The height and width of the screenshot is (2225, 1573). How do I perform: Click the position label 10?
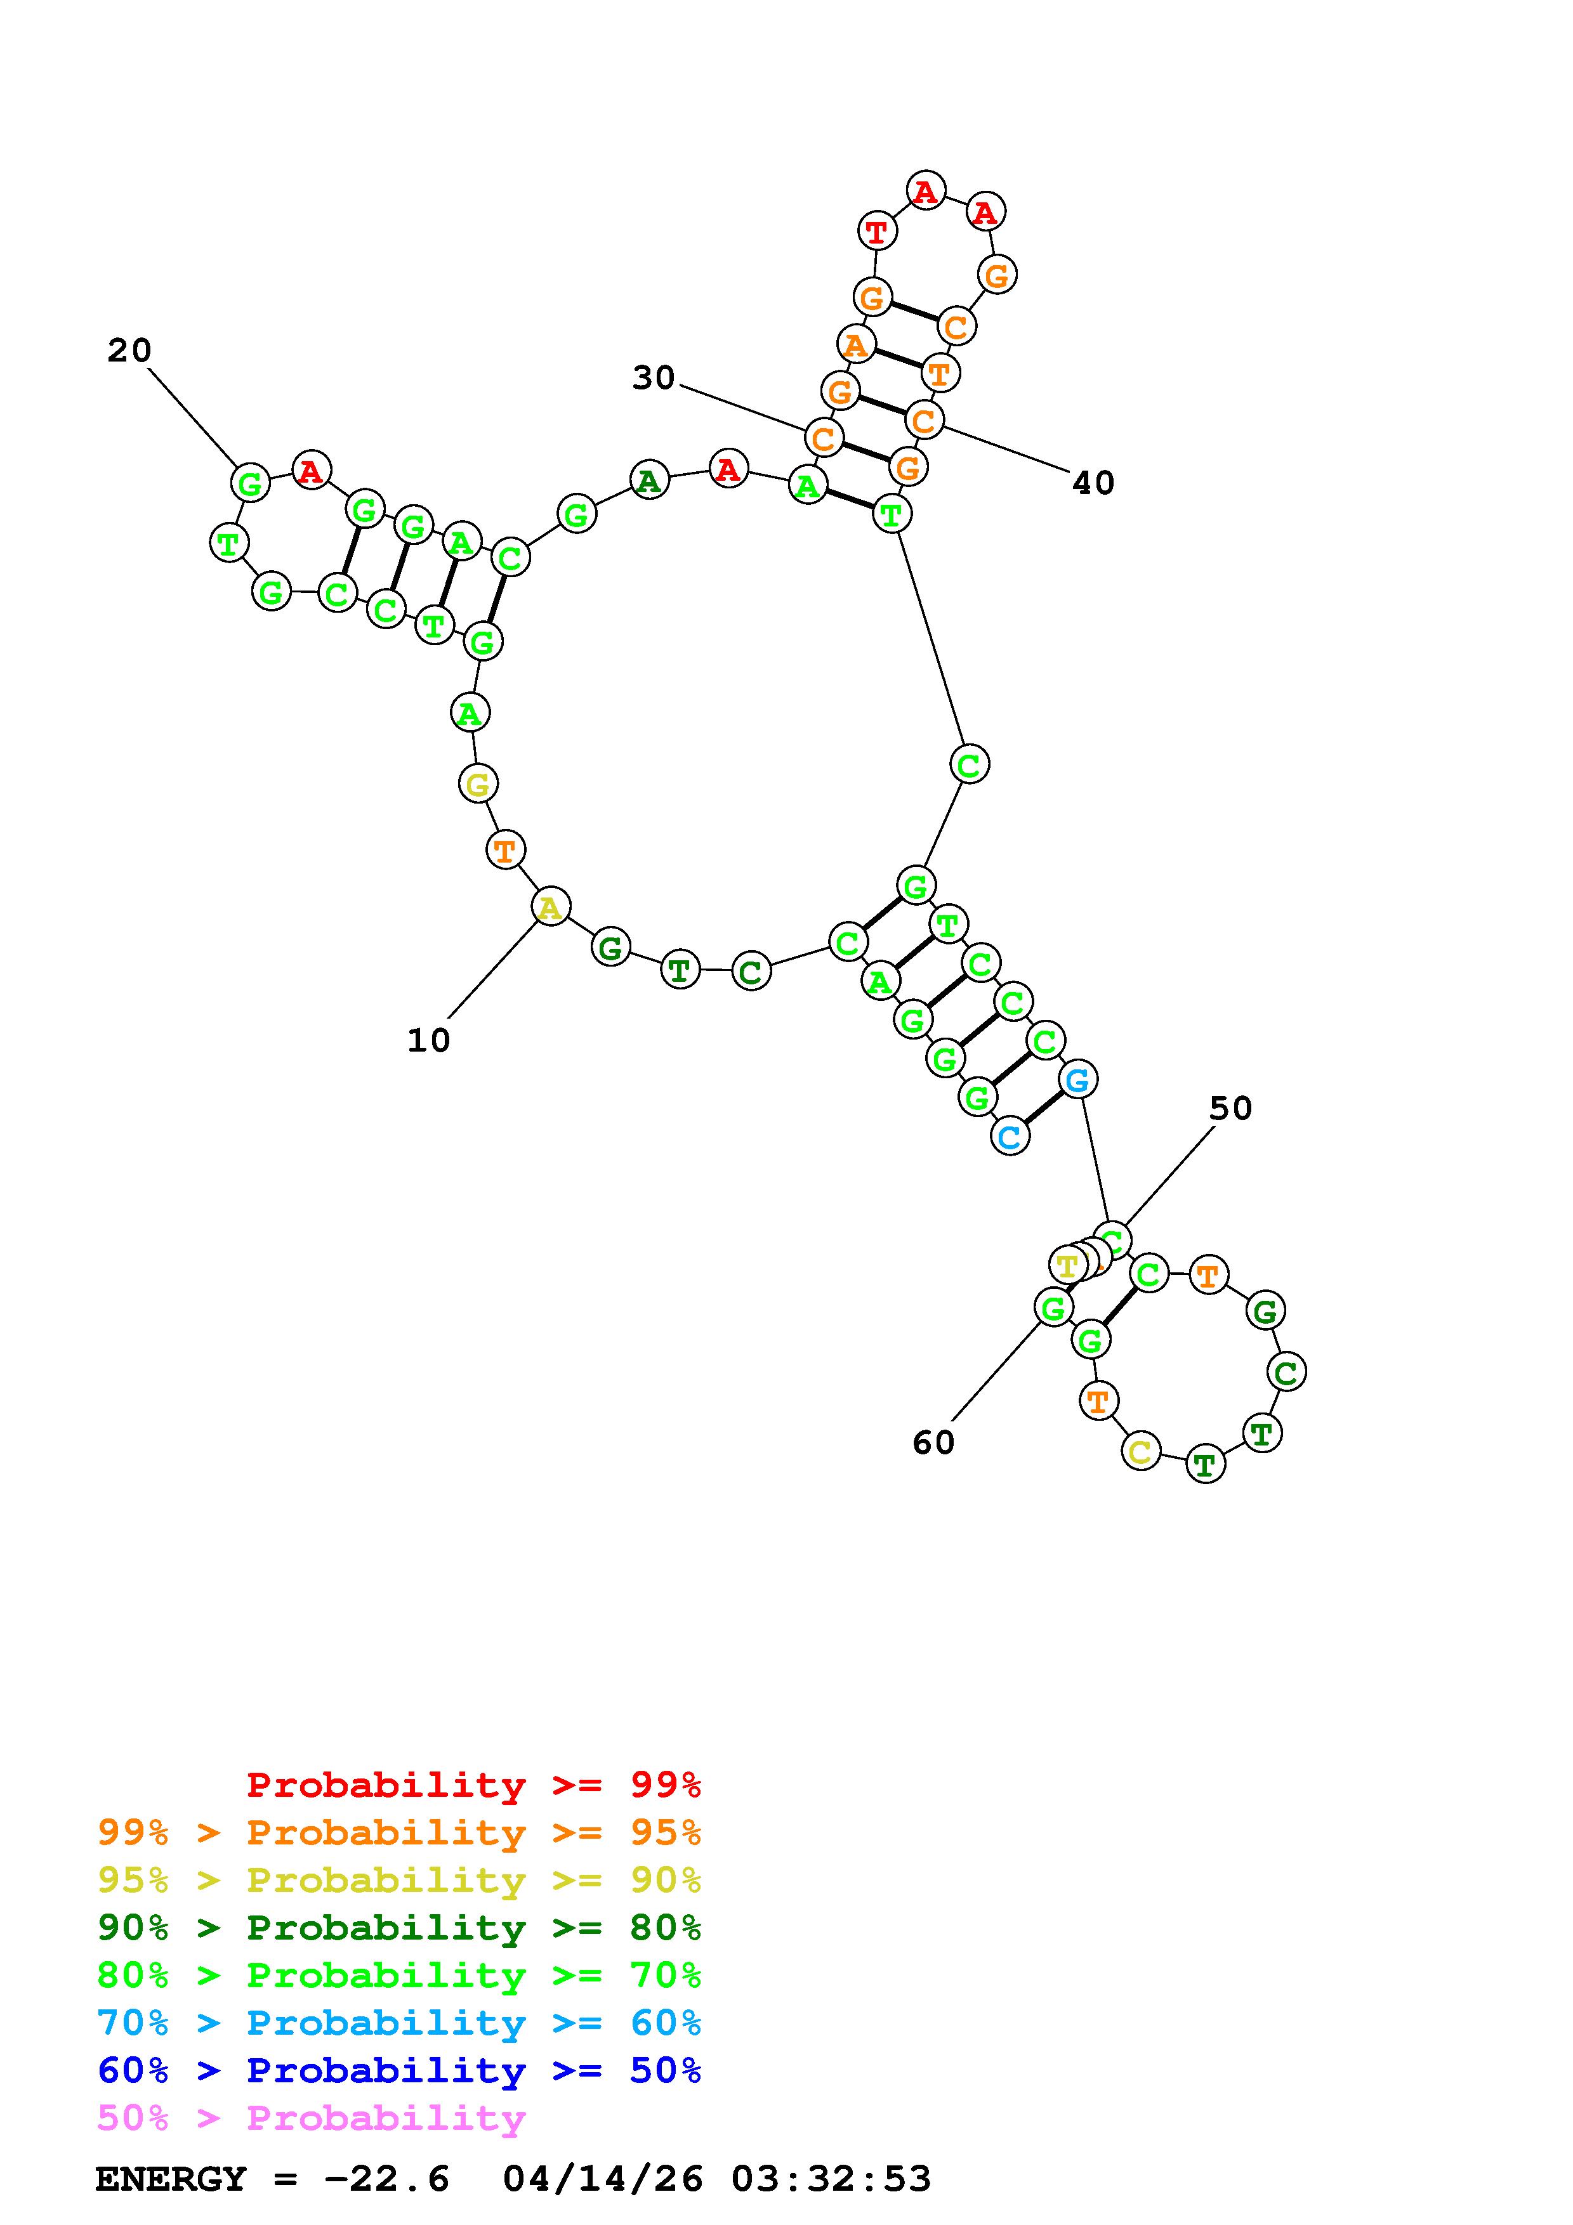pos(428,1041)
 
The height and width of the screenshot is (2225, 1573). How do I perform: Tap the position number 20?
pos(129,351)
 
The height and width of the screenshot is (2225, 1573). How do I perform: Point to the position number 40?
pos(1093,483)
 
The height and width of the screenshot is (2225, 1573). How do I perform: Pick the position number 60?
pos(933,1443)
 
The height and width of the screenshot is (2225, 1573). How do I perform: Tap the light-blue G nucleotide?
pos(1077,1079)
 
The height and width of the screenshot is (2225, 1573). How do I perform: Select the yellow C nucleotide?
pos(1141,1452)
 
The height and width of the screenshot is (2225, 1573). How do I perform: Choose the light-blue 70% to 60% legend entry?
pos(398,2023)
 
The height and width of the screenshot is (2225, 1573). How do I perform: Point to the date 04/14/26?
pos(603,2179)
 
